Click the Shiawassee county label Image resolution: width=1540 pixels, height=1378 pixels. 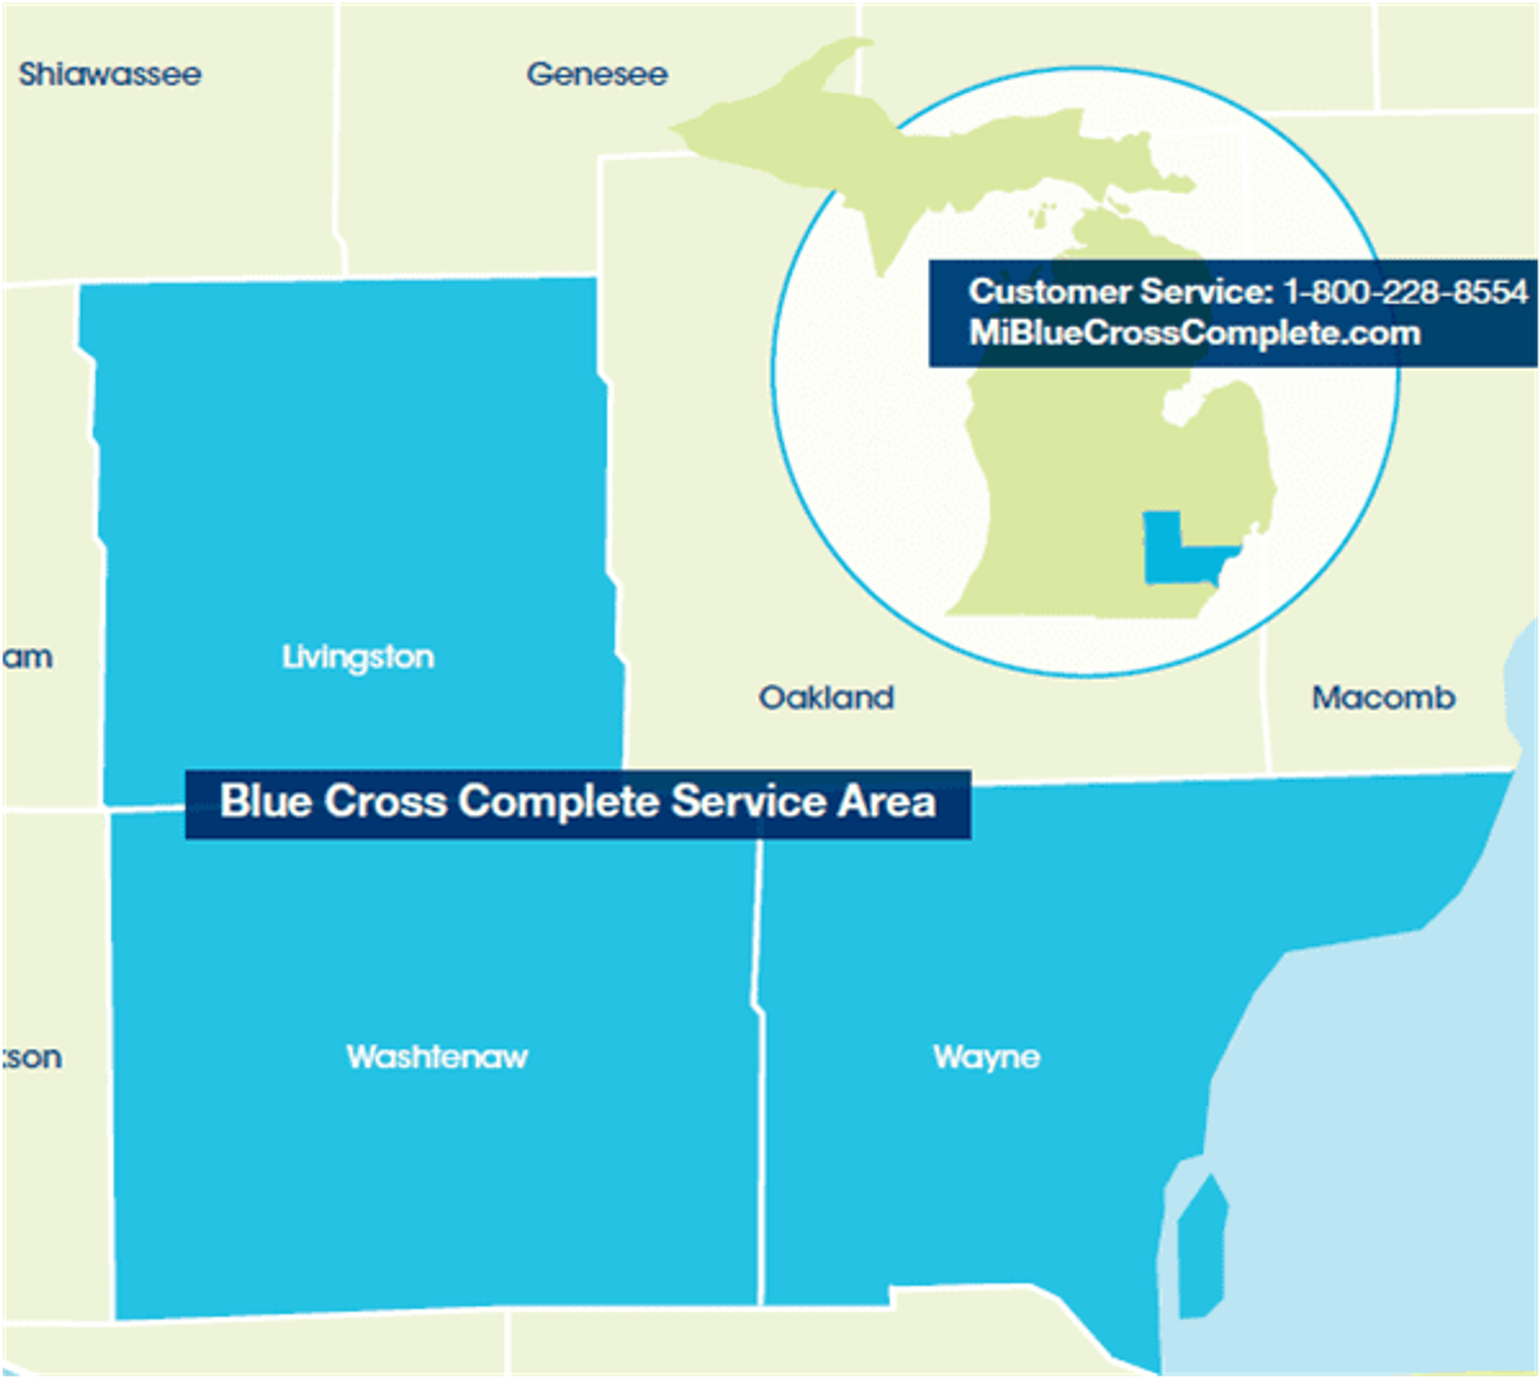(110, 75)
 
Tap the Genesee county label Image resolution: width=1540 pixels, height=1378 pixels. (597, 75)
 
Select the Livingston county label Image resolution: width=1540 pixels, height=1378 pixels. (358, 657)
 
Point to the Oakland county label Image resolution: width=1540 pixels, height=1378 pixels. (826, 698)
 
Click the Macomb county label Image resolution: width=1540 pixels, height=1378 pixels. (1383, 698)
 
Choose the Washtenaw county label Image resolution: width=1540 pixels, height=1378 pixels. (437, 1057)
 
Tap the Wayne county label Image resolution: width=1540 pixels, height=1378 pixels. (986, 1057)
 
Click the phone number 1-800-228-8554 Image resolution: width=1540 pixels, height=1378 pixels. (1405, 292)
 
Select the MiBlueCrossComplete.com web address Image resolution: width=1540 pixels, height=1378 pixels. (1194, 333)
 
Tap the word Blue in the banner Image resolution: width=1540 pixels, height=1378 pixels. (265, 801)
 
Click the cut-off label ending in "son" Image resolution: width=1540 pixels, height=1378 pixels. (32, 1057)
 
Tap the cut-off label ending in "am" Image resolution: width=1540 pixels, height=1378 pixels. (27, 658)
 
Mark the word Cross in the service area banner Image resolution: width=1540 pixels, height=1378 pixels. (385, 801)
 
